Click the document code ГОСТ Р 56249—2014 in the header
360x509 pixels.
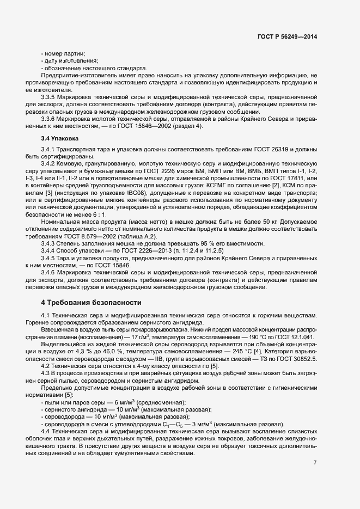286,37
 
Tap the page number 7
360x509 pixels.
315,462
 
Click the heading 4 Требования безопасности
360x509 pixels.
91,302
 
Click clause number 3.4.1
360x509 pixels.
50,148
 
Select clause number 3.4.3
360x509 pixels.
50,243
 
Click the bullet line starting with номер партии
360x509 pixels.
63,53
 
